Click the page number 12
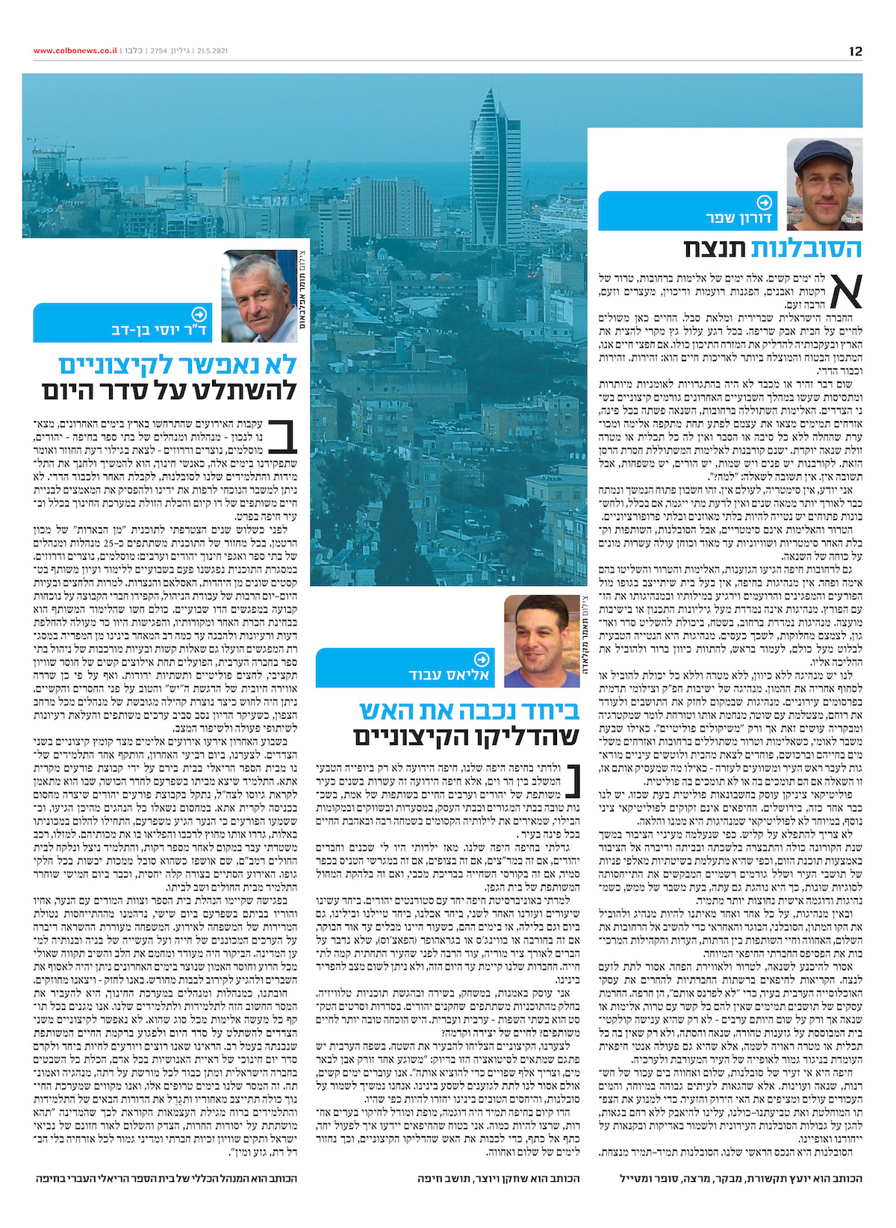[x=855, y=51]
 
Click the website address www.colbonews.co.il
[x=75, y=51]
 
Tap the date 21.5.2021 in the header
[x=212, y=51]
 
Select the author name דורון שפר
[x=738, y=219]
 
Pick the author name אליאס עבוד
[x=449, y=675]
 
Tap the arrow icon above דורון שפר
[x=764, y=202]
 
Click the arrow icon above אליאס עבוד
[x=482, y=658]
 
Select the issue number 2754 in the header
[x=158, y=51]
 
